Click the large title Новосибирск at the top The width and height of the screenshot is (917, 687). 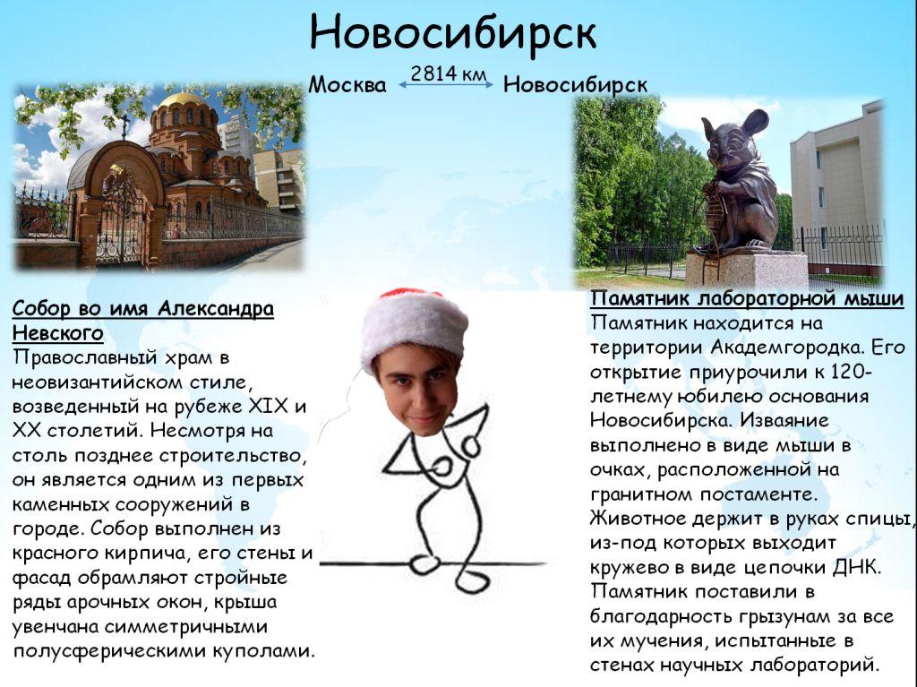[x=453, y=32]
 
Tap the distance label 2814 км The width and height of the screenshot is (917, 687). [x=448, y=73]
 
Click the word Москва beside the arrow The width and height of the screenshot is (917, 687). [x=347, y=85]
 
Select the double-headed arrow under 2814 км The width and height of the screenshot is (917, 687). [x=446, y=85]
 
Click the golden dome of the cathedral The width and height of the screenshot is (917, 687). [x=182, y=99]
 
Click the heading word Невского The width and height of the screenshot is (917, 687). [x=58, y=333]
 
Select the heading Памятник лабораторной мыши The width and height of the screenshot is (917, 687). [x=747, y=298]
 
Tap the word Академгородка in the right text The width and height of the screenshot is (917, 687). [x=786, y=347]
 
